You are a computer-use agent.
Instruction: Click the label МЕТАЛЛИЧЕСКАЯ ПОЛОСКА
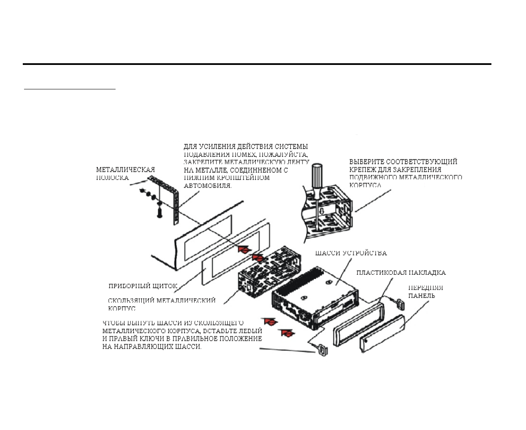click(125, 173)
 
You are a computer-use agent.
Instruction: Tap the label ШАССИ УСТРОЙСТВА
click(351, 253)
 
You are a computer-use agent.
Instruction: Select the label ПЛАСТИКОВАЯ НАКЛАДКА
click(401, 272)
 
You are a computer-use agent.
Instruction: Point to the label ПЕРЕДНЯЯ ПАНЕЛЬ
click(425, 291)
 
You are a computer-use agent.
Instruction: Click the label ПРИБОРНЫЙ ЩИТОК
click(143, 286)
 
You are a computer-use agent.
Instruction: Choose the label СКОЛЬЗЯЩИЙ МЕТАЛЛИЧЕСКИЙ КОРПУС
click(162, 304)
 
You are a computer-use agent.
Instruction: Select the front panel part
click(382, 333)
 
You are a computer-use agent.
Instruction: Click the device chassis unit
click(314, 297)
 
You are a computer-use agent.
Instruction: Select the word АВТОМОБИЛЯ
click(208, 185)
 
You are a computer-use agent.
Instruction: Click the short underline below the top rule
click(70, 89)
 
